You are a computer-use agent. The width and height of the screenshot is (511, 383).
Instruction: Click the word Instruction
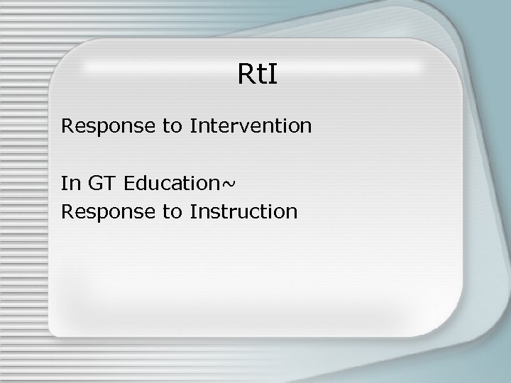pyautogui.click(x=243, y=211)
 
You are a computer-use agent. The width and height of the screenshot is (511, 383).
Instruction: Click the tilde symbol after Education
pyautogui.click(x=229, y=184)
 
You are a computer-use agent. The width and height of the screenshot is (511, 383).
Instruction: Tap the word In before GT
pyautogui.click(x=70, y=183)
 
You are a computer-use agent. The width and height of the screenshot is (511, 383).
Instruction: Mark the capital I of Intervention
pyautogui.click(x=192, y=126)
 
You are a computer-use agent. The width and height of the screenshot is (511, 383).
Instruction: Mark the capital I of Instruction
pyautogui.click(x=192, y=211)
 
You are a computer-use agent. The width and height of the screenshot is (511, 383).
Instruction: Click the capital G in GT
pyautogui.click(x=96, y=183)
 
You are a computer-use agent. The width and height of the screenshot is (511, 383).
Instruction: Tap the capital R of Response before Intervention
pyautogui.click(x=67, y=126)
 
